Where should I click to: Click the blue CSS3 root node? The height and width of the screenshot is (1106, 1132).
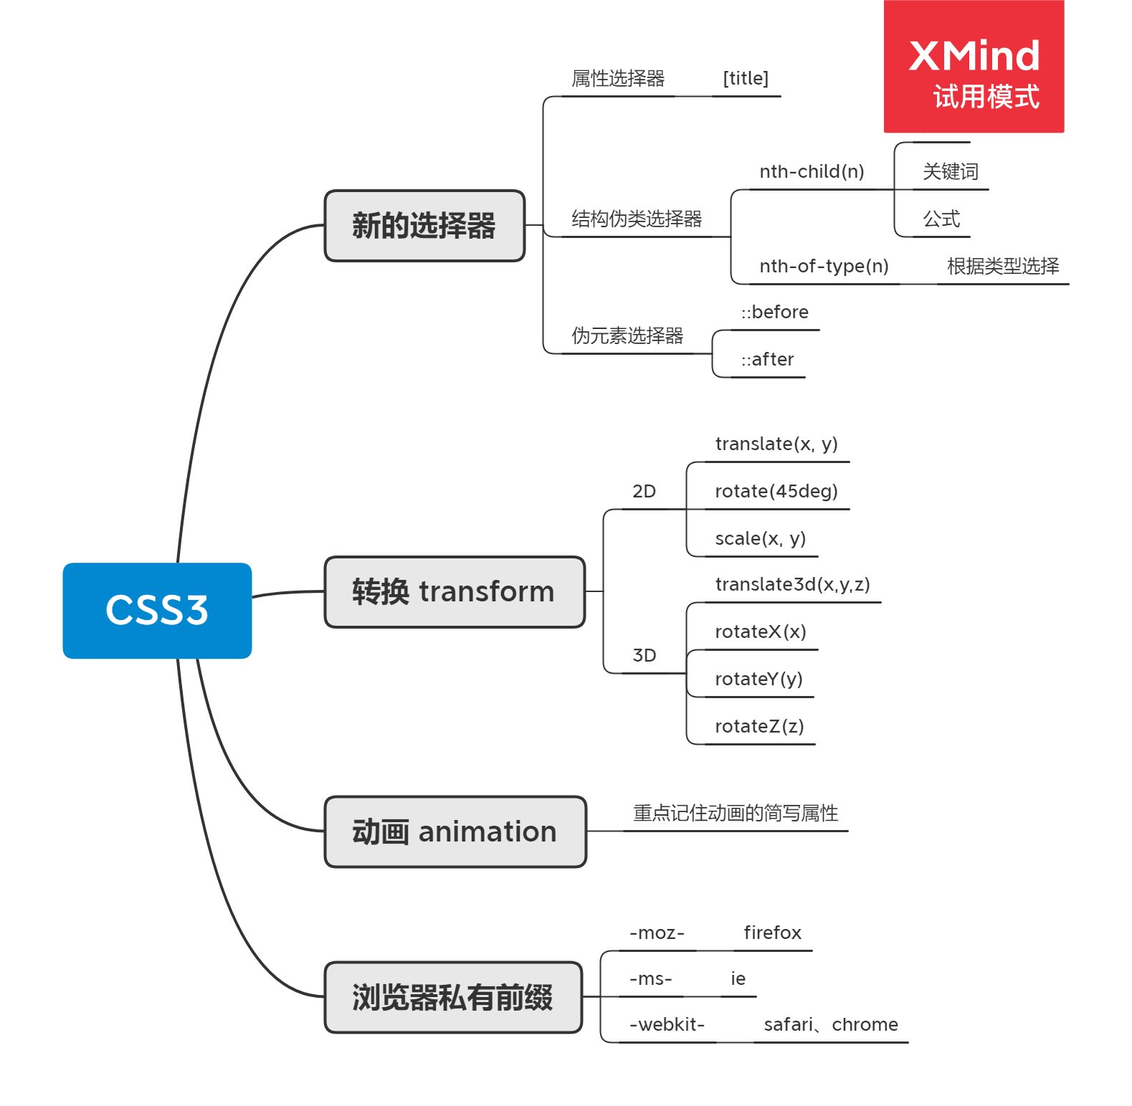(x=157, y=611)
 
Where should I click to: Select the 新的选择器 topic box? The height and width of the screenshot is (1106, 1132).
(x=424, y=226)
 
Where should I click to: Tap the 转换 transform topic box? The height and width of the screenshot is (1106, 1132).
(x=455, y=592)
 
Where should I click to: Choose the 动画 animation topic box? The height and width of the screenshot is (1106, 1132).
(x=455, y=831)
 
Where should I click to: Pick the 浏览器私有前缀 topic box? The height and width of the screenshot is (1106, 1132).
(x=453, y=997)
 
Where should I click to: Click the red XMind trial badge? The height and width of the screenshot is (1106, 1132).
(x=974, y=67)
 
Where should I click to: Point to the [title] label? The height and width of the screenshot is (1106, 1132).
(x=746, y=78)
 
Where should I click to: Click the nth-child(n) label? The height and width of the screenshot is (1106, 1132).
(x=812, y=172)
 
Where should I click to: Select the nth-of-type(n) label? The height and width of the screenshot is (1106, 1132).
(x=824, y=267)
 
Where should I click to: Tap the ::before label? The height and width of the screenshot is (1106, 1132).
(x=774, y=313)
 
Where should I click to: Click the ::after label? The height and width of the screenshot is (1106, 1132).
(x=767, y=360)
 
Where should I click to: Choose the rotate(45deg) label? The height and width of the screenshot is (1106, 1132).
(x=776, y=492)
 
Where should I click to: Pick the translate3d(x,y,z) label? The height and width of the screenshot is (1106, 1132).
(x=792, y=585)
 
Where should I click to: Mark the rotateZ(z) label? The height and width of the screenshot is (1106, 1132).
(x=759, y=727)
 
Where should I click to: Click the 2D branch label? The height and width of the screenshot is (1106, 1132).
(x=644, y=492)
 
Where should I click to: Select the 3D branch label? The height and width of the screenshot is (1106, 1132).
(x=644, y=656)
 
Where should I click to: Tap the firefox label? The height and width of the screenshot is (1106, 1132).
(x=772, y=933)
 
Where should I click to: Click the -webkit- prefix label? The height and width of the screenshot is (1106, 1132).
(x=667, y=1025)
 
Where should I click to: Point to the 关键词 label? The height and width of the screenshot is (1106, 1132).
(x=950, y=172)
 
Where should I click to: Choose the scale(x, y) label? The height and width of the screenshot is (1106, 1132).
(x=760, y=539)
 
